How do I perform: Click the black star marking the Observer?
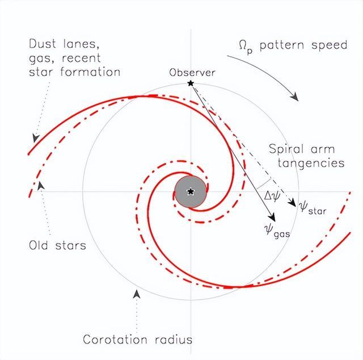(x=191, y=84)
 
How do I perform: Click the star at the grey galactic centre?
(x=191, y=192)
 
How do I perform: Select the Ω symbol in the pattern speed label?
(x=243, y=45)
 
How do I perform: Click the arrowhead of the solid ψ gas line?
(x=273, y=218)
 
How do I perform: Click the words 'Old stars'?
(x=57, y=246)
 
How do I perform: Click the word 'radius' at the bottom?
(x=174, y=340)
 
